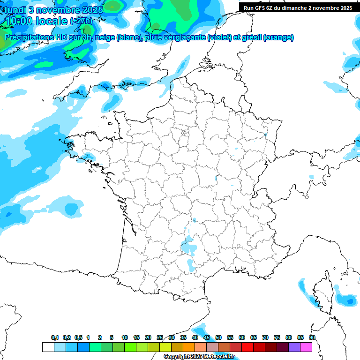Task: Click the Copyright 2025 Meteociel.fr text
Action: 199,357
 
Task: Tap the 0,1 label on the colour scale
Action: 55,337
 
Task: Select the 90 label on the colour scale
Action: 312,337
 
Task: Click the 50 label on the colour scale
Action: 218,337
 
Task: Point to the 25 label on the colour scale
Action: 160,337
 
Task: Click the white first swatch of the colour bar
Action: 48,347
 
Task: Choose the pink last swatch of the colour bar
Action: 306,347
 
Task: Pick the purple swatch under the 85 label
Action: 294,347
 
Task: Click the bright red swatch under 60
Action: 247,347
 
